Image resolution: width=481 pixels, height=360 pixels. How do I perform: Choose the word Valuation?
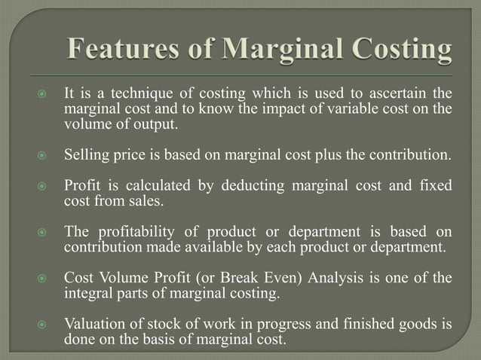pyautogui.click(x=94, y=324)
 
